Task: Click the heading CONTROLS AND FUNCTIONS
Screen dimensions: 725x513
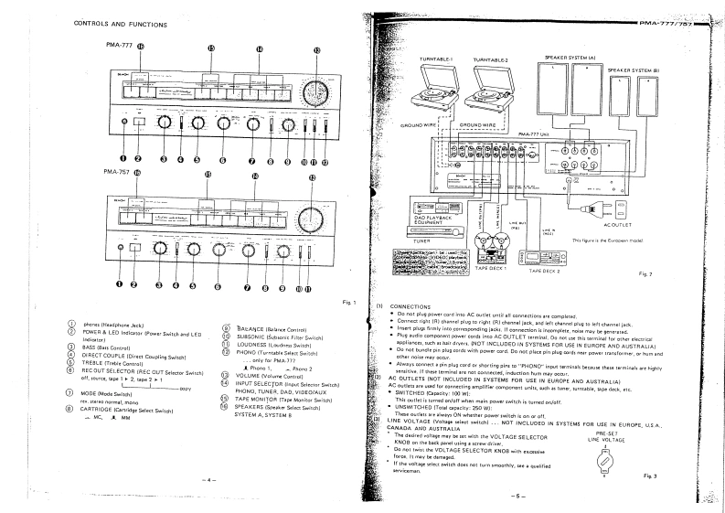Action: pyautogui.click(x=121, y=24)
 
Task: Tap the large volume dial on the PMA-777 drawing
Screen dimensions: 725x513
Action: pyautogui.click(x=316, y=93)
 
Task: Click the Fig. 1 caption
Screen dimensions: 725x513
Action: pyautogui.click(x=347, y=301)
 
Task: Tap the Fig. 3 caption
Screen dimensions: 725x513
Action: pyautogui.click(x=650, y=476)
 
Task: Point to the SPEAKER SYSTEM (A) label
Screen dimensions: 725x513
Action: pyautogui.click(x=570, y=58)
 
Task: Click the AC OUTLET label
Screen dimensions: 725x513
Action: pyautogui.click(x=618, y=222)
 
